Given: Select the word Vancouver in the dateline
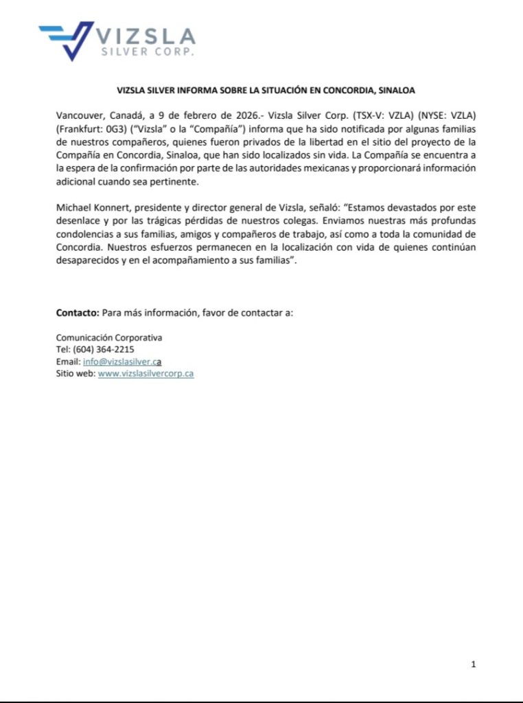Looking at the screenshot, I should (80, 116).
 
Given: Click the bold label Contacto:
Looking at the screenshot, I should (77, 312).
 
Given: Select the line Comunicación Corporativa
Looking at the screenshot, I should (109, 338).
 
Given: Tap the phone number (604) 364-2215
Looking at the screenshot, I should (104, 349).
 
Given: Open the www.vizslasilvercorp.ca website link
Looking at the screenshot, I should (146, 374).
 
